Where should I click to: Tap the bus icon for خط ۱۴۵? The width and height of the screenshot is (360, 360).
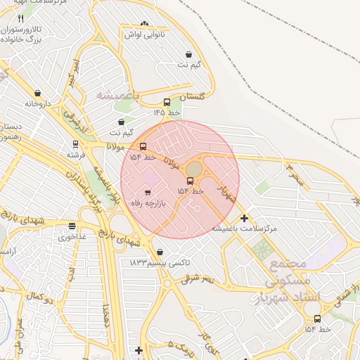click(167, 102)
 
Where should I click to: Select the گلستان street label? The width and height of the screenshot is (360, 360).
click(191, 96)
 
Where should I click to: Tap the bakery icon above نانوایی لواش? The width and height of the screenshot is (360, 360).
click(146, 24)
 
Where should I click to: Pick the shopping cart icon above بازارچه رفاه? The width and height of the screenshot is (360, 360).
click(147, 192)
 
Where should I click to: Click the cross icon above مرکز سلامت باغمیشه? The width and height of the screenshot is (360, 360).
click(244, 218)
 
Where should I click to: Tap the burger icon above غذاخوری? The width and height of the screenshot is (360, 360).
click(72, 226)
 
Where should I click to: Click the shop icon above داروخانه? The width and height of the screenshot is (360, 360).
click(37, 93)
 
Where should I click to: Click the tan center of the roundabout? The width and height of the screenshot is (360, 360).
click(193, 169)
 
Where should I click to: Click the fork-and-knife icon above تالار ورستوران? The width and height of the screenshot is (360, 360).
click(20, 19)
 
